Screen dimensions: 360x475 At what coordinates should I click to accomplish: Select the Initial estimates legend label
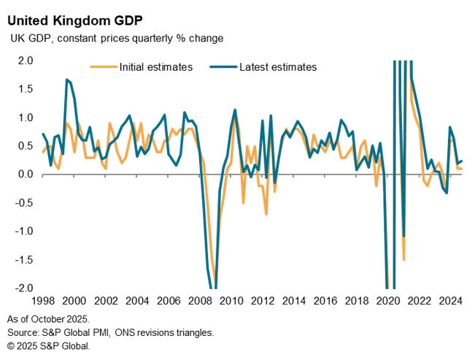point(154,67)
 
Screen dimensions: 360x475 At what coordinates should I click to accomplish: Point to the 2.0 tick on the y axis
point(25,61)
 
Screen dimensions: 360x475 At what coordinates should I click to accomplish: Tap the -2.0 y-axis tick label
point(23,288)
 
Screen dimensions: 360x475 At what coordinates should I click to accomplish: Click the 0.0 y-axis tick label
point(25,175)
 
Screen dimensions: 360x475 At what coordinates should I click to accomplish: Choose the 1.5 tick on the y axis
point(25,89)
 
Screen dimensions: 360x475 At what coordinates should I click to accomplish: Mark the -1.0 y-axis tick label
point(23,231)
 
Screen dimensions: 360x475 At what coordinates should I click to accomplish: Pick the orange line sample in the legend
point(101,67)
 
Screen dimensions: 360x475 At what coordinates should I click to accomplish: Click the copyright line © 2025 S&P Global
point(49,345)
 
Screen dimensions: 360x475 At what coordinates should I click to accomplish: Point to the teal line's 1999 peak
point(67,79)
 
